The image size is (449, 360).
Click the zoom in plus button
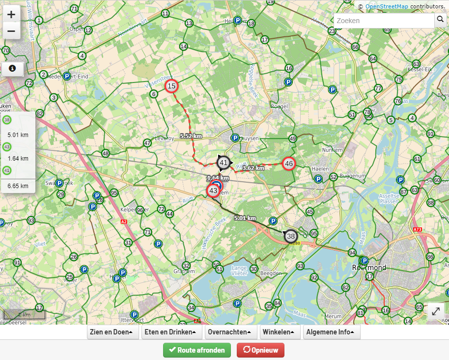[x=11, y=14]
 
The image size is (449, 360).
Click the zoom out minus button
[x=11, y=31]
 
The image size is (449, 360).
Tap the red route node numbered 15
[x=171, y=86]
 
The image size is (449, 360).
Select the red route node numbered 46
[x=289, y=164]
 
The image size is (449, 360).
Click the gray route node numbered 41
[x=224, y=163]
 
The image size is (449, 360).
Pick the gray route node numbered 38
[x=291, y=236]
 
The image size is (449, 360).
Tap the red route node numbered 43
[x=213, y=191]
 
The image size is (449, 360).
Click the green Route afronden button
[x=197, y=350]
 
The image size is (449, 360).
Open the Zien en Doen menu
[x=112, y=332]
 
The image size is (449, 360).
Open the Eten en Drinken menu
[x=170, y=332]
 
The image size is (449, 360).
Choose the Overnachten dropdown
[x=229, y=332]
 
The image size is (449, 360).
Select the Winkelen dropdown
[x=278, y=332]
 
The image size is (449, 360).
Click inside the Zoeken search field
[x=383, y=21]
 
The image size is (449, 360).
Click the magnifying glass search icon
[x=440, y=21]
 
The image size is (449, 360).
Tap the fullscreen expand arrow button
[x=436, y=311]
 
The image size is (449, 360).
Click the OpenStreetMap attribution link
[x=387, y=6]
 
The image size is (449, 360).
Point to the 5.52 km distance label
[x=191, y=136]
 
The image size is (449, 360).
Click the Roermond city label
[x=369, y=268]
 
